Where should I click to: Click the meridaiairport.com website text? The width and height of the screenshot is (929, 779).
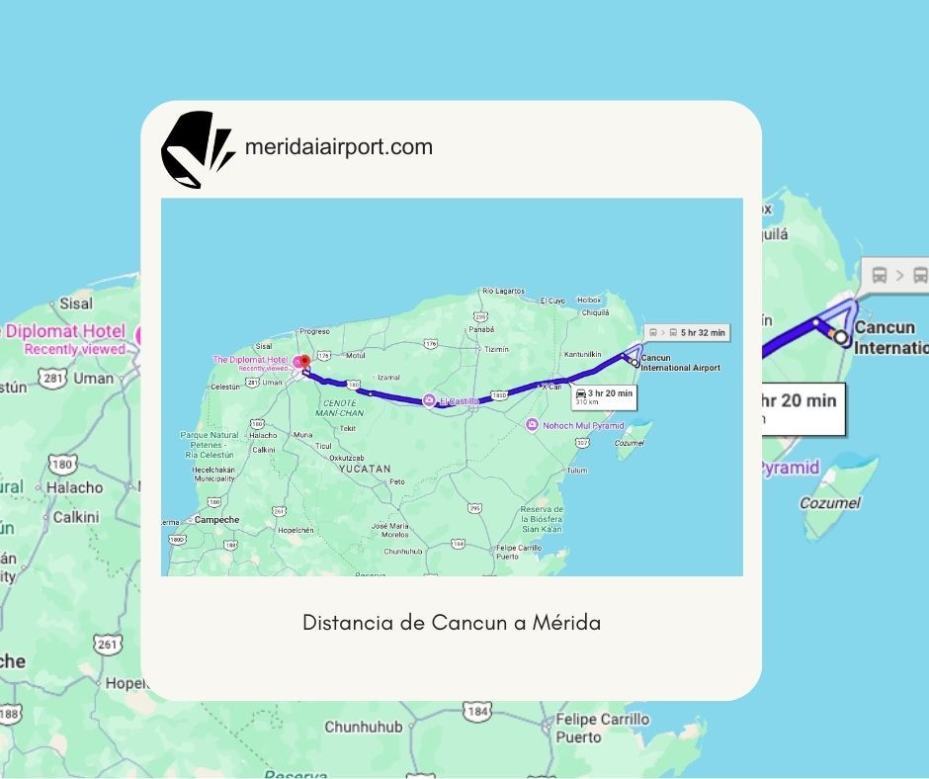point(338,147)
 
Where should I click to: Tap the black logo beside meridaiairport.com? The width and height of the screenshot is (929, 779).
point(196,149)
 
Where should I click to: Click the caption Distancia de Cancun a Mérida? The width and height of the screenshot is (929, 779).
point(452,623)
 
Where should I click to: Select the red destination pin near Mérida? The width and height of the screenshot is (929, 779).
point(304,362)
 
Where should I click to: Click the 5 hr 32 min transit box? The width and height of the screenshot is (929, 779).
point(688,333)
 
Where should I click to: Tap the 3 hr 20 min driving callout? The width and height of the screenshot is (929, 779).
point(604,396)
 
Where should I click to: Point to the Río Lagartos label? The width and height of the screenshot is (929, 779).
point(502,291)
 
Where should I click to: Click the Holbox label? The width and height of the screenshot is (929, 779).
point(589,300)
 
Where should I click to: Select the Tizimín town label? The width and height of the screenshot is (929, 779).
point(497,349)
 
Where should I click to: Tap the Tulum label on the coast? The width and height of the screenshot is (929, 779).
point(577,470)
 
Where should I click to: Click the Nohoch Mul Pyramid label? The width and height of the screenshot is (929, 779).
point(582,425)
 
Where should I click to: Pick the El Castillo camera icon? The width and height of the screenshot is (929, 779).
point(428,400)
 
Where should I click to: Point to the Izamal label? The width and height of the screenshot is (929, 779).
point(388,377)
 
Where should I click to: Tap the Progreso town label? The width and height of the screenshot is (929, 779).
point(313,331)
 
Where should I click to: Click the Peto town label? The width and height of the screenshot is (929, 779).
point(397,481)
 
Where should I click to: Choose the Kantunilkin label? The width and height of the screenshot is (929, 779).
point(582,354)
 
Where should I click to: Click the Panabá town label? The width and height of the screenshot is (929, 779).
point(481,328)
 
